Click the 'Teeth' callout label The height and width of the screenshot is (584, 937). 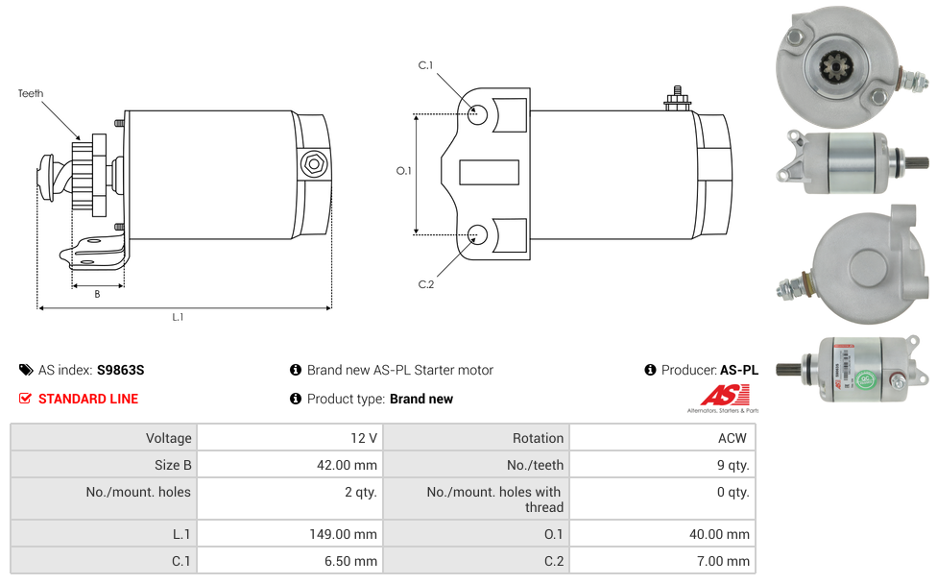(31, 93)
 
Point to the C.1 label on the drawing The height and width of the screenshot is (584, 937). (425, 65)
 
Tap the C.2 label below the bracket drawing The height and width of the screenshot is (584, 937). (426, 284)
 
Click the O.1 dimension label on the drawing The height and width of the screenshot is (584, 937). (404, 171)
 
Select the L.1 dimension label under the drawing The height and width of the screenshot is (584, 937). (178, 317)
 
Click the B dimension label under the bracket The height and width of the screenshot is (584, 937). (97, 294)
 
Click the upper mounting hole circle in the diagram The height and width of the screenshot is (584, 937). (477, 114)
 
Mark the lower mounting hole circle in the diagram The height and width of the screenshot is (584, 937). (477, 235)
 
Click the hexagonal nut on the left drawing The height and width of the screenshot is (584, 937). (314, 164)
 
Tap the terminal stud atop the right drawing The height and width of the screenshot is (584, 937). (678, 99)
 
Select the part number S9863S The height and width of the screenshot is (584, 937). (121, 370)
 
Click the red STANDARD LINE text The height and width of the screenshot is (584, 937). (88, 399)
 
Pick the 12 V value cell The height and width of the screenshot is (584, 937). (291, 438)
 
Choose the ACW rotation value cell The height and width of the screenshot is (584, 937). (662, 438)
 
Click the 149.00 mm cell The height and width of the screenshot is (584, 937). (291, 534)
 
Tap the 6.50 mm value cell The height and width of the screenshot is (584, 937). (291, 561)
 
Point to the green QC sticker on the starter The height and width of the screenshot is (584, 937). (865, 379)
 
